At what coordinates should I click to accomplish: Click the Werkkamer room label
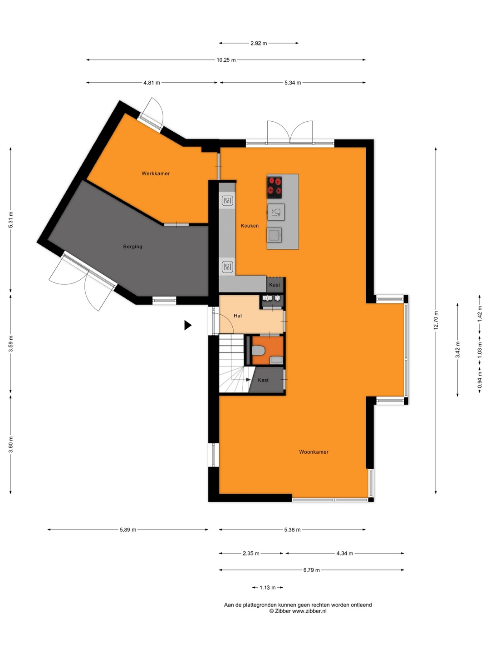click(156, 173)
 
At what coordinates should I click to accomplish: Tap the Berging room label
click(132, 247)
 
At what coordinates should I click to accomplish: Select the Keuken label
click(250, 226)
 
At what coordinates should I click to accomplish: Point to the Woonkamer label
click(314, 452)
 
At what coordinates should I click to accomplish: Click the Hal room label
click(238, 316)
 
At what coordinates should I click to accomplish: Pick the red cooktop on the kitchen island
click(274, 188)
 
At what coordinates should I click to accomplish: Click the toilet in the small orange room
click(258, 351)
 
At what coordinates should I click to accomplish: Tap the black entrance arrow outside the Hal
click(188, 325)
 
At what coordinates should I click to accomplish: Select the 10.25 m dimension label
click(226, 60)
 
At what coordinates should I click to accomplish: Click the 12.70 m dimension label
click(436, 320)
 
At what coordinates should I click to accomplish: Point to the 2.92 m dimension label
click(259, 43)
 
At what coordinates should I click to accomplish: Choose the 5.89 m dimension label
click(128, 530)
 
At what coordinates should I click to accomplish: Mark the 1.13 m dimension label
click(268, 588)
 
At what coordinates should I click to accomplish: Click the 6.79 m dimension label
click(312, 570)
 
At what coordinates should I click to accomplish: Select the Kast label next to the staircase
click(263, 380)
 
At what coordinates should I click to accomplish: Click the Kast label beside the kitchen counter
click(274, 285)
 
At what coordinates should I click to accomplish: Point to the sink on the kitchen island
click(274, 235)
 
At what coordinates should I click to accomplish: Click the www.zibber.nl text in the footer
click(309, 611)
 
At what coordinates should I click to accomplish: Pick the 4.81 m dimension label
click(152, 83)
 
